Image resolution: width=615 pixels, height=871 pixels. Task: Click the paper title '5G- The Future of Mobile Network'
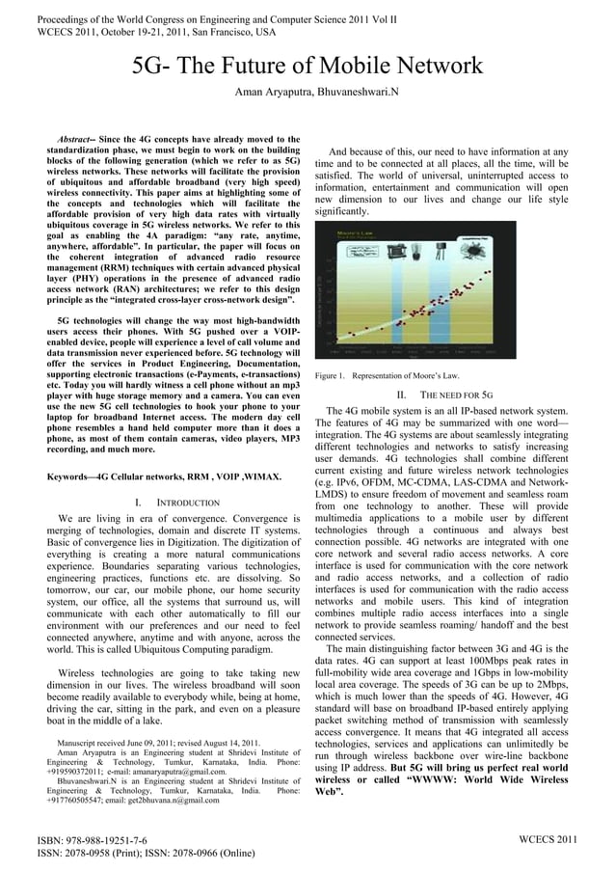(x=307, y=67)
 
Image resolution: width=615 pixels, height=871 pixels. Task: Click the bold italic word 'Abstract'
(x=73, y=140)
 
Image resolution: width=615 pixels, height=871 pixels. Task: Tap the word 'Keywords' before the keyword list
(x=71, y=477)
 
